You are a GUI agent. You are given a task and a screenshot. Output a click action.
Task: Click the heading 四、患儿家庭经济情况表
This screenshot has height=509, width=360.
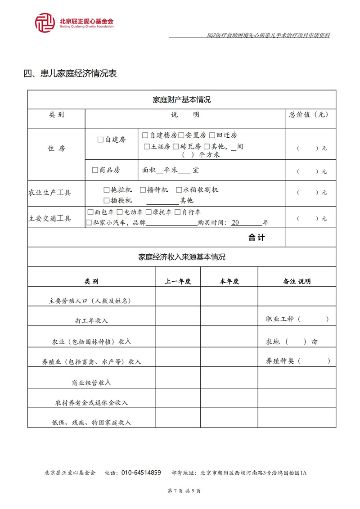point(70,73)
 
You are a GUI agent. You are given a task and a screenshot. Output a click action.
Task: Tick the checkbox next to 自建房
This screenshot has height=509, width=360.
point(100,140)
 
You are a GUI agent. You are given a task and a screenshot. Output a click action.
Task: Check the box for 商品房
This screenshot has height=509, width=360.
point(95,170)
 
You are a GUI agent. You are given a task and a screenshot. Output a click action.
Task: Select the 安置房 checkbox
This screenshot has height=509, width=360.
point(181,135)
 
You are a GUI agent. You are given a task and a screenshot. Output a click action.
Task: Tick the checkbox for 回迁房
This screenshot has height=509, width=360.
point(212,135)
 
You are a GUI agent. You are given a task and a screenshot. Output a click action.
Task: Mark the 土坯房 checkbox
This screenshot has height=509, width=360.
point(147,146)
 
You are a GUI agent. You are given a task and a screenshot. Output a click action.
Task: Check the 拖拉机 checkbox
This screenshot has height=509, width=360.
point(106,190)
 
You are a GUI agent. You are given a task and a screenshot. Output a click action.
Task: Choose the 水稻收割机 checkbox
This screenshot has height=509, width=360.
point(179,190)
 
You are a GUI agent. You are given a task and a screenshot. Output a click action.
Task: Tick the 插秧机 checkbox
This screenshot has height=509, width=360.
point(106,200)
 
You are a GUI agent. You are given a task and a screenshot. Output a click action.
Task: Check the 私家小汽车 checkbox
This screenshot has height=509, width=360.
point(89,222)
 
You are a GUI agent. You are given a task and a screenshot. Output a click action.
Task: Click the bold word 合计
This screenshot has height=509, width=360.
point(257,238)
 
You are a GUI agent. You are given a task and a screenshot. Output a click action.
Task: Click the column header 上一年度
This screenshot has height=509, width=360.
point(178,281)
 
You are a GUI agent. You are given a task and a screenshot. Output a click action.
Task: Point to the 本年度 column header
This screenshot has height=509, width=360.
point(229,281)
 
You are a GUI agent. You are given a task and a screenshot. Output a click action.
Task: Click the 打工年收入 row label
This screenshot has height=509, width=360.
point(91,320)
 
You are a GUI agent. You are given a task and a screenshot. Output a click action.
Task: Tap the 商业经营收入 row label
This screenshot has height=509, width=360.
point(91,383)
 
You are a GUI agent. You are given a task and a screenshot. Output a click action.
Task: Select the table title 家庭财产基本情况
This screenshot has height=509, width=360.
point(182,99)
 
